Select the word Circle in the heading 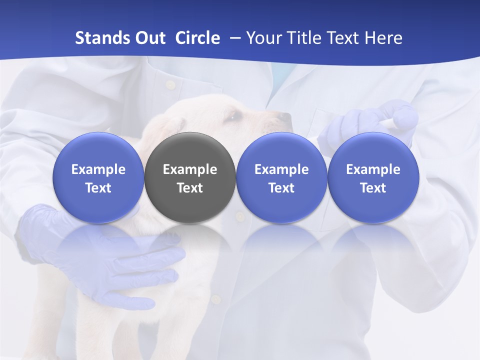pos(197,38)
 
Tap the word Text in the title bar pos(346,38)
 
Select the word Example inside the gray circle pos(190,169)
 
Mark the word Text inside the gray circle pos(190,188)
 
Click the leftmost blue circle pos(98,177)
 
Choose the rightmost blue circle pos(373,177)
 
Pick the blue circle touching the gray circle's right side pos(281,177)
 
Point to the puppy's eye pos(233,116)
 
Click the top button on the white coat pos(170,85)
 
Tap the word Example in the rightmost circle pos(373,169)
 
